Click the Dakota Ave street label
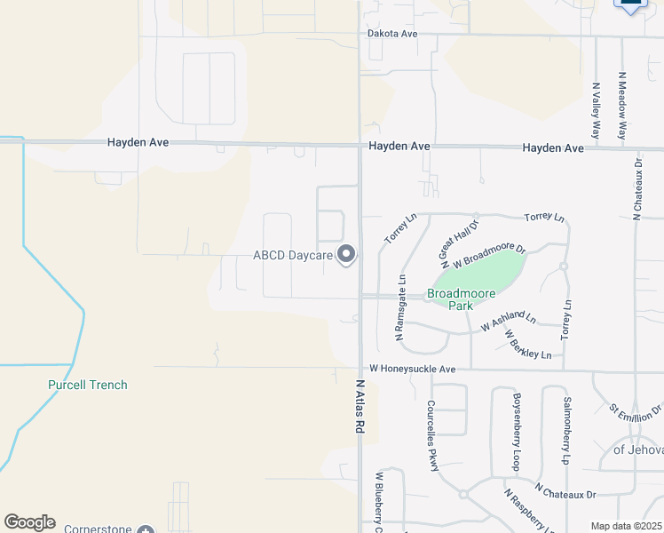click(392, 34)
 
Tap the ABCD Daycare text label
click(292, 256)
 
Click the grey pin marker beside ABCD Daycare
click(346, 256)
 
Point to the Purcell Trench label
click(87, 385)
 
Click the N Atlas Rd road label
click(360, 408)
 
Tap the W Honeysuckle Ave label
click(412, 369)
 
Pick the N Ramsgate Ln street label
click(400, 307)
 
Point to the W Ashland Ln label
click(509, 322)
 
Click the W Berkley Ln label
click(527, 345)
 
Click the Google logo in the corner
click(29, 522)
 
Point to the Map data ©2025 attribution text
click(626, 526)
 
